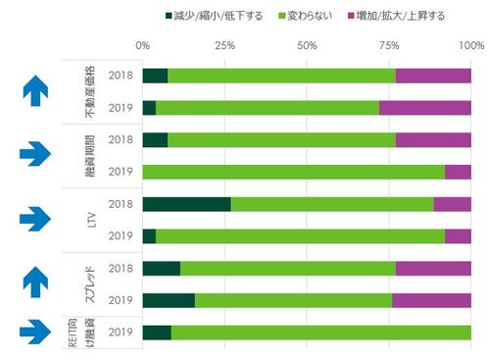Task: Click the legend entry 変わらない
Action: point(308,17)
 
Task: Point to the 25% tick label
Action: point(224,45)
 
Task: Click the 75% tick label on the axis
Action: point(389,45)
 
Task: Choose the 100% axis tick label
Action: point(470,45)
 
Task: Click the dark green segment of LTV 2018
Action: point(186,204)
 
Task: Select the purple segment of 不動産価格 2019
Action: point(424,108)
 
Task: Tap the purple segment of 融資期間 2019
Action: point(458,172)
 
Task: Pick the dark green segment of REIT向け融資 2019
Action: point(157,332)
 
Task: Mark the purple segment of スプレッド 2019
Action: point(431,300)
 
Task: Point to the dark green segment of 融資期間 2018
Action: point(155,140)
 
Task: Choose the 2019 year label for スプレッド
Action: point(121,300)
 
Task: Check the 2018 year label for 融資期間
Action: point(121,140)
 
